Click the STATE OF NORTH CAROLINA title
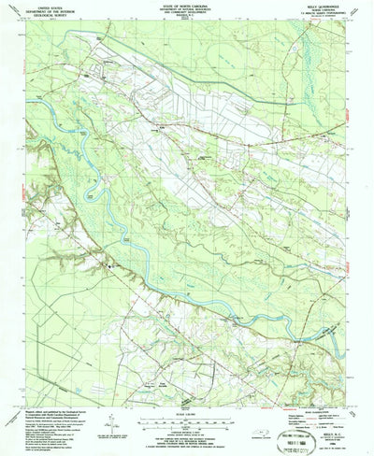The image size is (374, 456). coord(187,5)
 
